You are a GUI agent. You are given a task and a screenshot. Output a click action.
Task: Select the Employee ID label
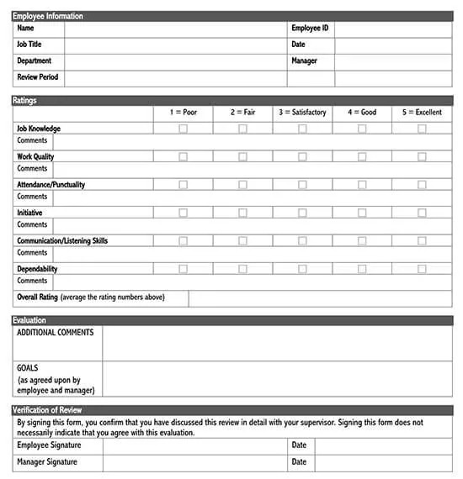pos(309,29)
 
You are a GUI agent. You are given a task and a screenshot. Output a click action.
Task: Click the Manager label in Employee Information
pos(304,61)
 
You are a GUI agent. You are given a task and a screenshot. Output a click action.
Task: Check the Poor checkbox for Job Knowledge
pos(183,129)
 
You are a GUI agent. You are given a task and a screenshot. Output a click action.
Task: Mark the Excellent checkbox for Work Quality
pos(422,156)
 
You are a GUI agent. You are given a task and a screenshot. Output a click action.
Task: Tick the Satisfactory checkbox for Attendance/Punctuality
pos(302,185)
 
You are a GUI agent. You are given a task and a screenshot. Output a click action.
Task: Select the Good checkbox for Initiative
pos(362,213)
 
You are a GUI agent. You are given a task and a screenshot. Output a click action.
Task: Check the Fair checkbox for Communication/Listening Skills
pos(242,241)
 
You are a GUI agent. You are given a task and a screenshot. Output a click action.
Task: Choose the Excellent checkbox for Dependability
pos(422,269)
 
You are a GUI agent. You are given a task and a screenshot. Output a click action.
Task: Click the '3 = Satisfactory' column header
pos(302,112)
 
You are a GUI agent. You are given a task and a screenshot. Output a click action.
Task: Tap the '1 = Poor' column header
pos(183,112)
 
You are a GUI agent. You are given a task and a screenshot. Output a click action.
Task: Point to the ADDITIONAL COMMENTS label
pos(56,333)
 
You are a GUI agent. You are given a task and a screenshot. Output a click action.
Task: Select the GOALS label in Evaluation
pos(28,368)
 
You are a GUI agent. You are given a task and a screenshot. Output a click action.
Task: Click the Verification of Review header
pos(51,409)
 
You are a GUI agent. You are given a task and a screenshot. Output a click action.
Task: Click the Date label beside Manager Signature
pos(299,462)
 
